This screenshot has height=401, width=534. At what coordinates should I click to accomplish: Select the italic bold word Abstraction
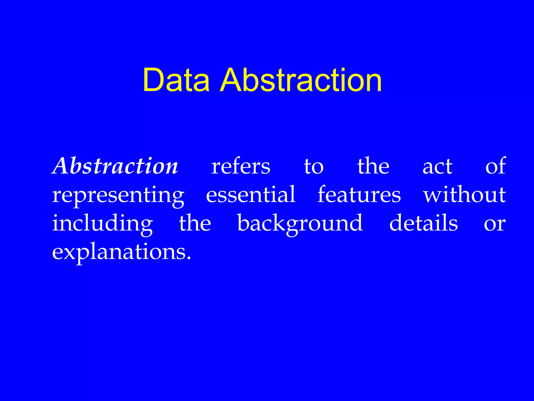[115, 166]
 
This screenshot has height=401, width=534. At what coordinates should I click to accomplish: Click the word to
[314, 167]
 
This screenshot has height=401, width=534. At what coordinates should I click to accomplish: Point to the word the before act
[373, 166]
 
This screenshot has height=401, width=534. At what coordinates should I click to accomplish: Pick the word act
[437, 167]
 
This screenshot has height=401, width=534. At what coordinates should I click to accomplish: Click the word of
[495, 166]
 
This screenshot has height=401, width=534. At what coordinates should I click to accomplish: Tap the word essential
[251, 194]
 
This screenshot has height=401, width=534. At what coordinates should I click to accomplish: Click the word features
[359, 194]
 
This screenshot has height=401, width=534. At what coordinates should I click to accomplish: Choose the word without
[464, 194]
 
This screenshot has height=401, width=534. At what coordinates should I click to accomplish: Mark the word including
[102, 224]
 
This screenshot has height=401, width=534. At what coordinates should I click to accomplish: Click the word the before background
[195, 223]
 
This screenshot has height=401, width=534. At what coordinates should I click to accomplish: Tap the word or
[495, 225]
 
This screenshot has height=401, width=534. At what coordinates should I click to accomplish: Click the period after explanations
[189, 258]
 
